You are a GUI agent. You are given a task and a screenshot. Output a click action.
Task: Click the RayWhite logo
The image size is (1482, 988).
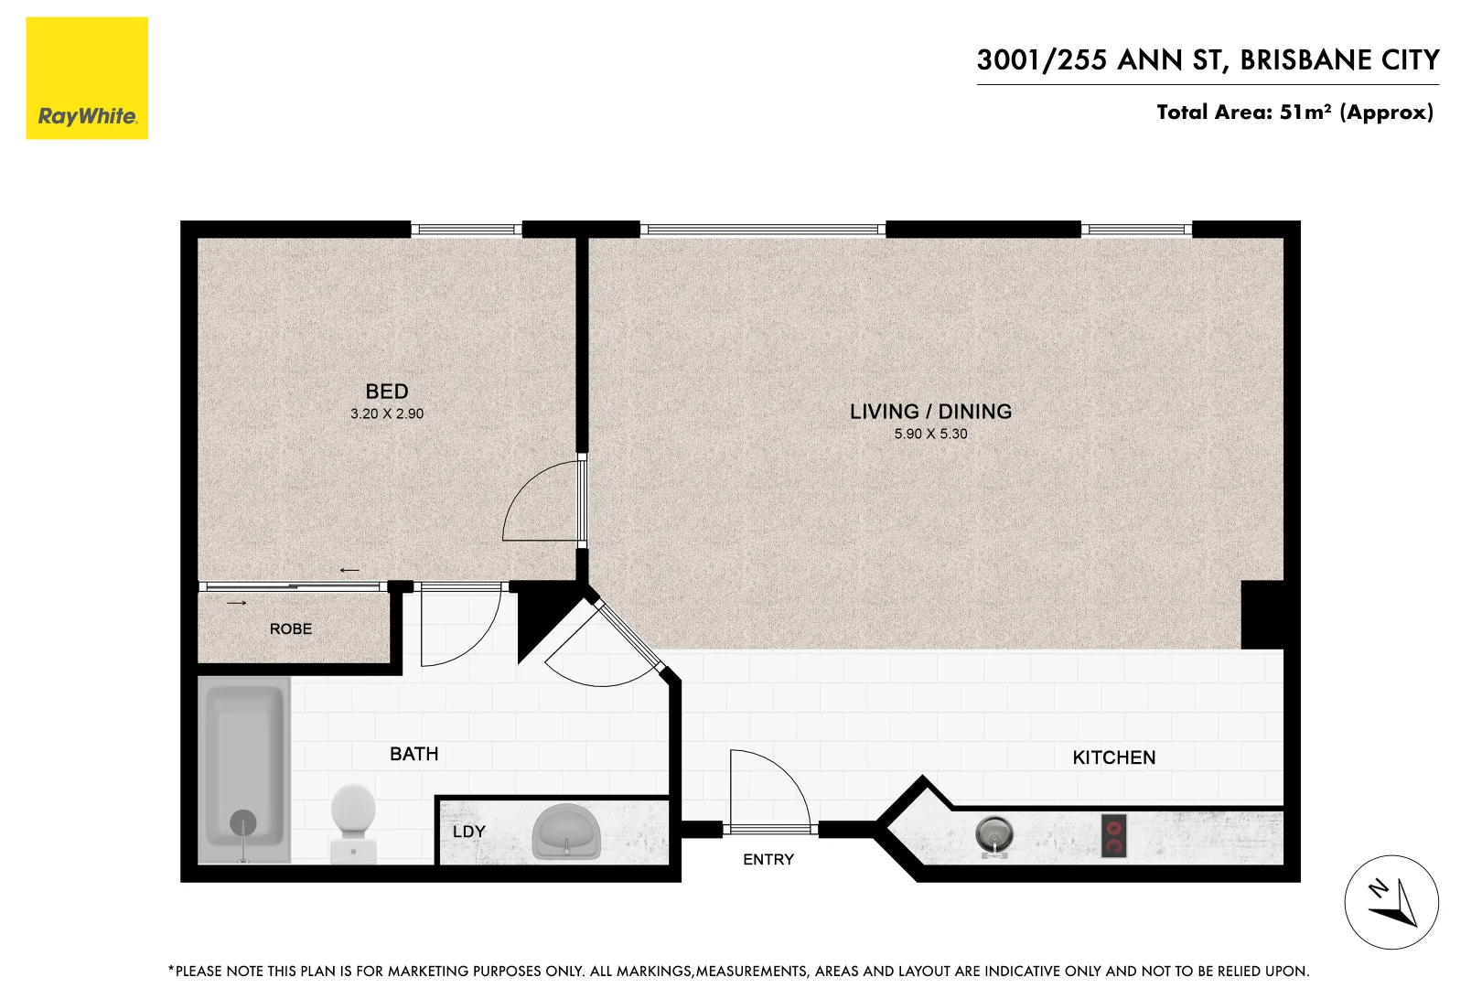[87, 79]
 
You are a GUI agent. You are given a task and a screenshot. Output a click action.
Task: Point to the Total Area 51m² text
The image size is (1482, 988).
[1294, 113]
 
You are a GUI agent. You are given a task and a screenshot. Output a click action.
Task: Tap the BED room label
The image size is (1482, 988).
[387, 392]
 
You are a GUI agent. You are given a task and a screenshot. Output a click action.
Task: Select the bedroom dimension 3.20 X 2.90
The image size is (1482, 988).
[387, 413]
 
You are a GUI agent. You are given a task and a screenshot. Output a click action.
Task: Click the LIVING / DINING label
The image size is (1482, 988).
[930, 412]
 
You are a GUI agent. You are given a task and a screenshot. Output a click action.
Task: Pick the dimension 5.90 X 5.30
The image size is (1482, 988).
[930, 434]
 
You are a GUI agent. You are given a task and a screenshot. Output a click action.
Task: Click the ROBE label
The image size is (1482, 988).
[291, 628]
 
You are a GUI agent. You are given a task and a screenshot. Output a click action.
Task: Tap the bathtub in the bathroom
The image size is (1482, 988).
[243, 768]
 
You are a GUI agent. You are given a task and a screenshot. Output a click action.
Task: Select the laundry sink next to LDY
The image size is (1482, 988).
[566, 832]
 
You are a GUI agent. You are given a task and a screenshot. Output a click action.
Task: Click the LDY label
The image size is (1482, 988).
[468, 832]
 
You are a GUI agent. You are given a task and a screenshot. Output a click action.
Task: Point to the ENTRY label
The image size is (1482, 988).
[768, 859]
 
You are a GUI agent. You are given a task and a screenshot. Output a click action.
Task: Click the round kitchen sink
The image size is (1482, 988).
[994, 834]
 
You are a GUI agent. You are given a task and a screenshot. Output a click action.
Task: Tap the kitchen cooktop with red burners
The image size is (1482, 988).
[1113, 835]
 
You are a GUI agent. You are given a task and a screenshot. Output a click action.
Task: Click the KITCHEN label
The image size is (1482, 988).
[1113, 757]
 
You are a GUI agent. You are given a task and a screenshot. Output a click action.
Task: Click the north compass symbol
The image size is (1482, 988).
[1391, 902]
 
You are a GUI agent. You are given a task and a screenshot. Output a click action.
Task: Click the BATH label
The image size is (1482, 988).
[414, 754]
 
